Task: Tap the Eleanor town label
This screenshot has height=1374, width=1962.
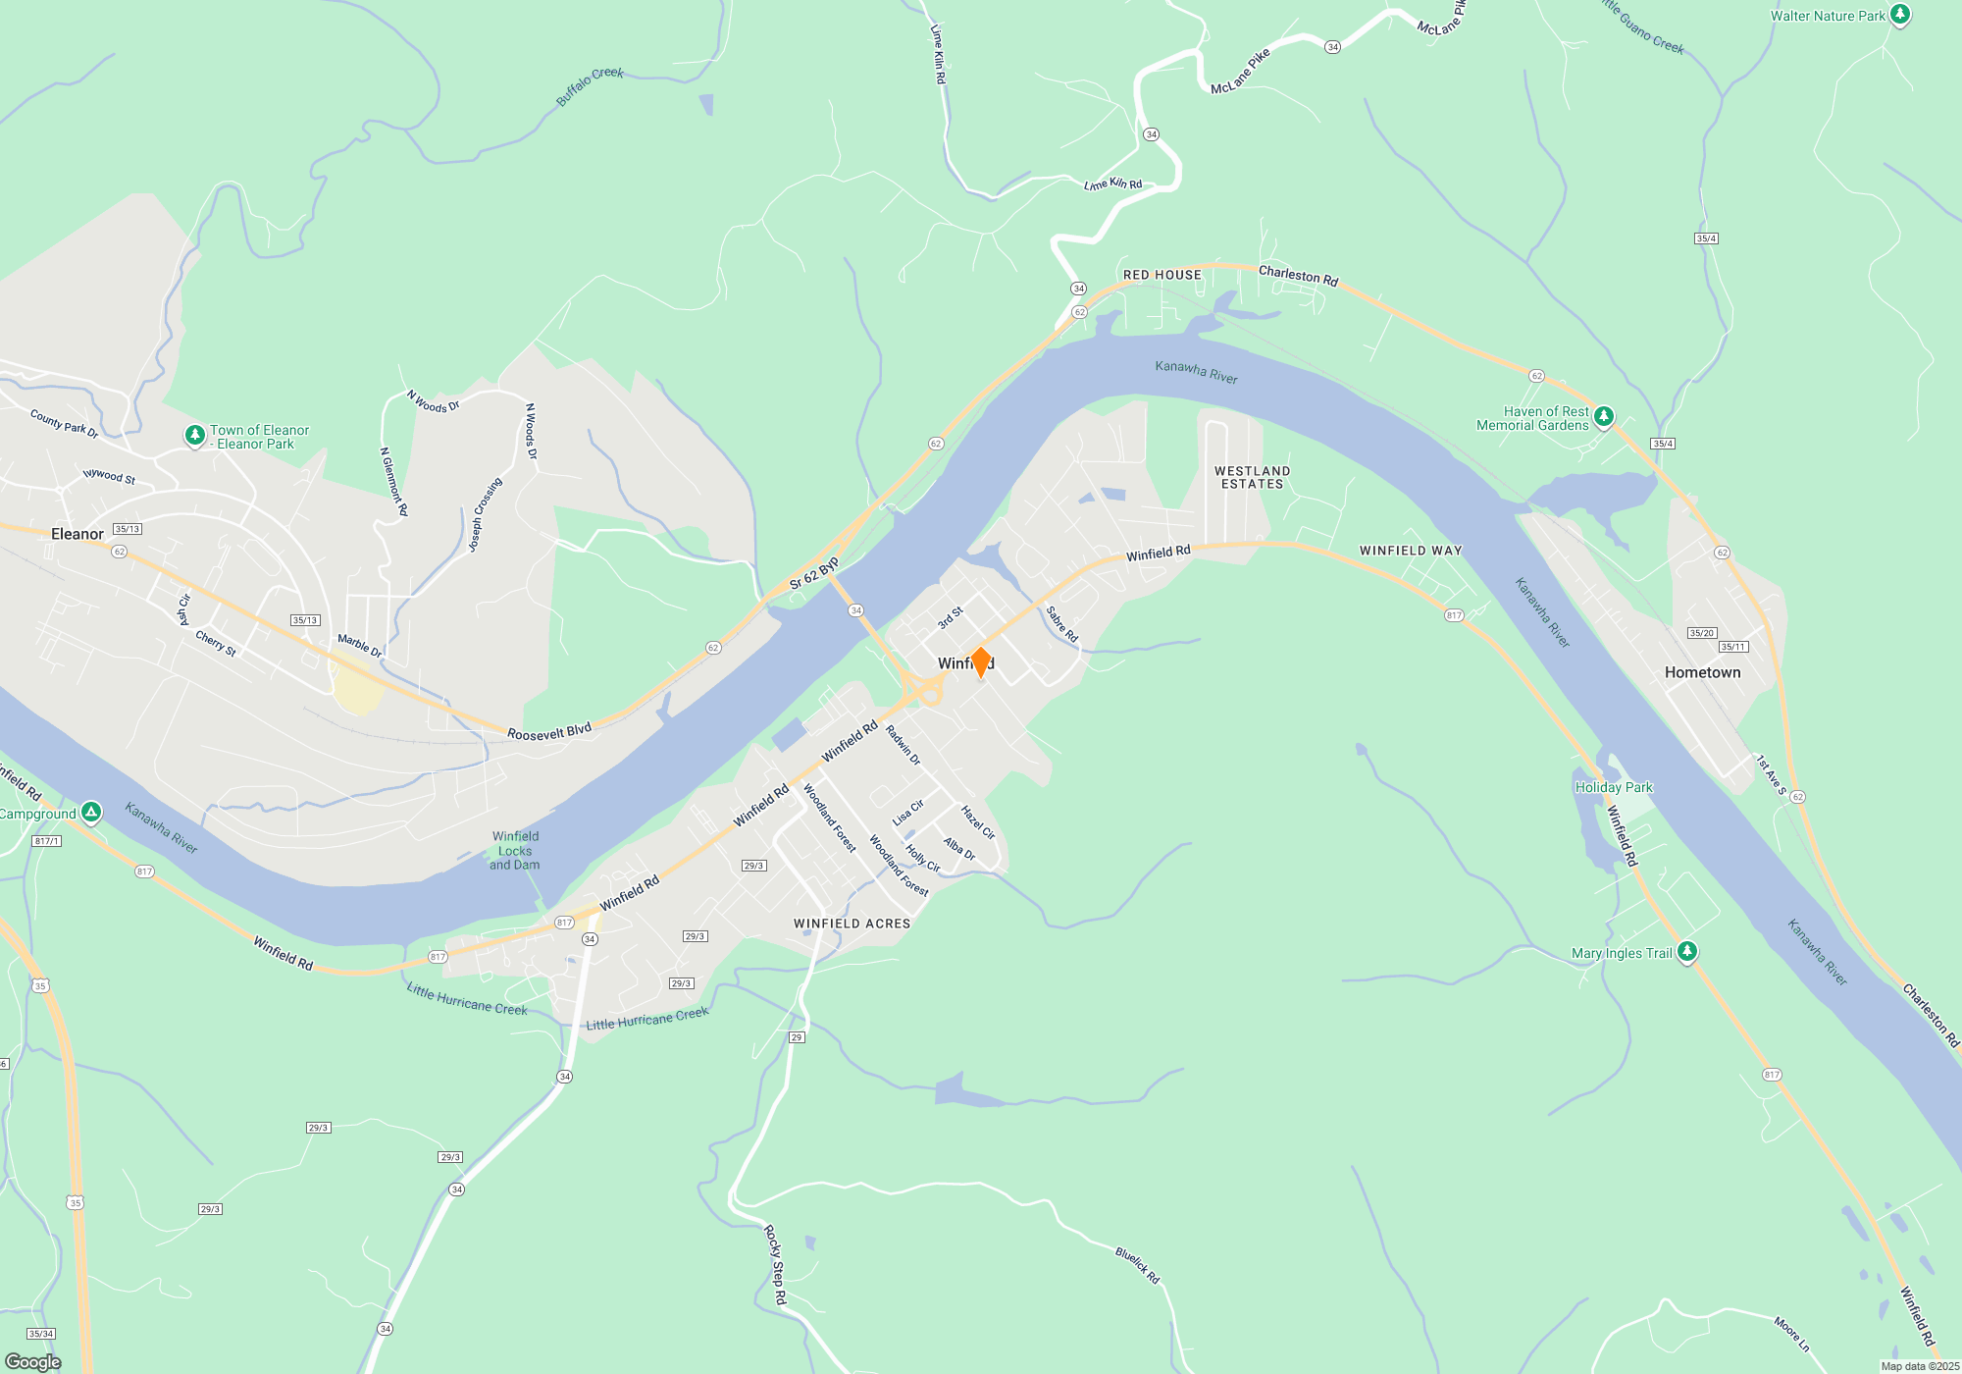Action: pyautogui.click(x=77, y=534)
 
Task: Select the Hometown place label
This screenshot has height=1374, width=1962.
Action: pyautogui.click(x=1702, y=672)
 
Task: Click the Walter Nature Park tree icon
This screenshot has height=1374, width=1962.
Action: pyautogui.click(x=1900, y=15)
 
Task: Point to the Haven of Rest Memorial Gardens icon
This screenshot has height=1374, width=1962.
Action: pyautogui.click(x=1604, y=417)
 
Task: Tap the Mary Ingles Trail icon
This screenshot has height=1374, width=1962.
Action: pyautogui.click(x=1687, y=951)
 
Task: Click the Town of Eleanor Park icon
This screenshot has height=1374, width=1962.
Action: pyautogui.click(x=195, y=435)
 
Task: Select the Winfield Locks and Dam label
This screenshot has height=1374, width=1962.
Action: pyautogui.click(x=515, y=850)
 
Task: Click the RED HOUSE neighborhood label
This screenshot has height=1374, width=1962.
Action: pyautogui.click(x=1162, y=275)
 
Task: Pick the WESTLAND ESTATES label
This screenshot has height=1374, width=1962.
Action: pyautogui.click(x=1252, y=477)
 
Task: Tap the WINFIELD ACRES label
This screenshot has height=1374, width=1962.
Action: pyautogui.click(x=852, y=924)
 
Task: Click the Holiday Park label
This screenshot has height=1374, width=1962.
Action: pyautogui.click(x=1614, y=787)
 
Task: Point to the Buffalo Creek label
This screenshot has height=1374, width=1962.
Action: pyautogui.click(x=590, y=85)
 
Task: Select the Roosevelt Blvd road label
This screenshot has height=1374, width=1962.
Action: pyautogui.click(x=549, y=732)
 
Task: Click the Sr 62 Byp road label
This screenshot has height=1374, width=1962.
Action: pyautogui.click(x=814, y=573)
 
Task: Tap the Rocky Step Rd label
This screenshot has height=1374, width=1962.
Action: pyautogui.click(x=775, y=1264)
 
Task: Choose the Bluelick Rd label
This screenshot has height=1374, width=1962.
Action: pyautogui.click(x=1137, y=1265)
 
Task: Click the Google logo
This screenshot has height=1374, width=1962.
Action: pyautogui.click(x=33, y=1362)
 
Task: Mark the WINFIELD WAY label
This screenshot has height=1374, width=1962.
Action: pyautogui.click(x=1410, y=551)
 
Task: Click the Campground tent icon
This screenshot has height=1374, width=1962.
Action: pyautogui.click(x=91, y=812)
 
